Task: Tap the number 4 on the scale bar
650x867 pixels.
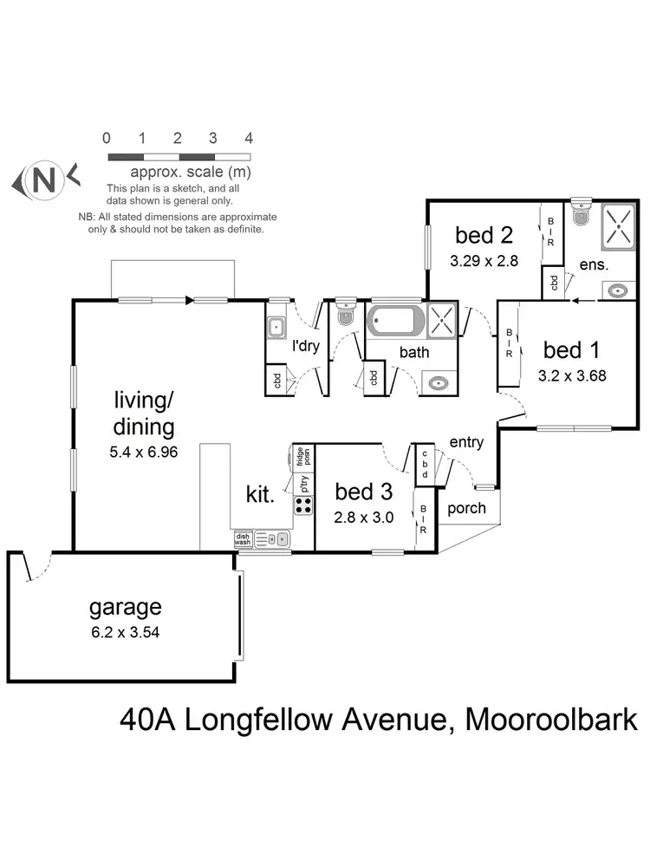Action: tap(249, 139)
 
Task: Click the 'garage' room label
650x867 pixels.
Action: tap(125, 607)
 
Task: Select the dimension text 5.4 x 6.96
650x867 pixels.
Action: tap(145, 452)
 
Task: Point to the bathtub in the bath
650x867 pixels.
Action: tap(396, 321)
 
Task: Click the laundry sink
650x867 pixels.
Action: tap(277, 328)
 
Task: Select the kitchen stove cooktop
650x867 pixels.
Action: tap(304, 505)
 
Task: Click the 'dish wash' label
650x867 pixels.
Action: tap(243, 539)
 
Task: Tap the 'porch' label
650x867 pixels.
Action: tap(466, 508)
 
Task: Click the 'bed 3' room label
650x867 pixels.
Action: tap(364, 492)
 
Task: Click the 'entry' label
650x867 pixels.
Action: tap(465, 442)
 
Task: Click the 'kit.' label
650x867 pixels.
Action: tap(261, 496)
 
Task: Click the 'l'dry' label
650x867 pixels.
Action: tap(305, 347)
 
